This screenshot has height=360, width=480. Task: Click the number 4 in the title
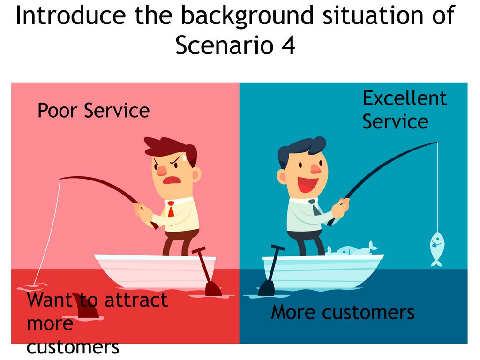click(288, 45)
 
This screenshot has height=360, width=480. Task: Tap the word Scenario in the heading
click(224, 45)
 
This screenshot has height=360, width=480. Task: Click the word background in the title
click(247, 16)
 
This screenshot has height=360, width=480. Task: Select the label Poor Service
click(93, 110)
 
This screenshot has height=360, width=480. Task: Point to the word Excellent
click(405, 98)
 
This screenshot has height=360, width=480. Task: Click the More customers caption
click(343, 312)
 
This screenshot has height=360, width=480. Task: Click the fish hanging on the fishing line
click(437, 248)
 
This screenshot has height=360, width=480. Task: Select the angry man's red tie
click(171, 209)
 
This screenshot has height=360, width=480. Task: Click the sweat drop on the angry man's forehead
click(184, 157)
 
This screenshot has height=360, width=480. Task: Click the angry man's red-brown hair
click(170, 150)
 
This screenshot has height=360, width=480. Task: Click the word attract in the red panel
click(136, 300)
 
